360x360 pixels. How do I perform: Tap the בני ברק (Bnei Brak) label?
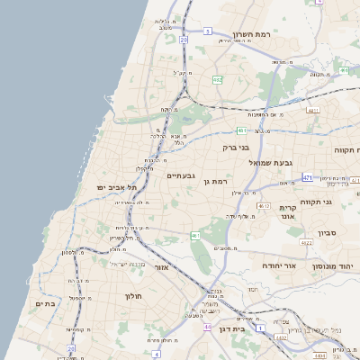tap(236, 146)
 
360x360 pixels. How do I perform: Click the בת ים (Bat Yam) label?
tap(45, 304)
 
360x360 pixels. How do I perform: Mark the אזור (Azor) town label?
tap(162, 267)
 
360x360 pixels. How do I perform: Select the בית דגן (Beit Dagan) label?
tap(231, 329)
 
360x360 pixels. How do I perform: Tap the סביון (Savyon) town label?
tap(327, 233)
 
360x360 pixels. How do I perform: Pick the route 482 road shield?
tap(217, 79)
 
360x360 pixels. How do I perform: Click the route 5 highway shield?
tap(207, 31)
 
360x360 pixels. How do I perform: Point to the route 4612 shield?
tap(264, 206)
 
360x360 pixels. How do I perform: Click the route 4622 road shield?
tap(306, 242)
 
